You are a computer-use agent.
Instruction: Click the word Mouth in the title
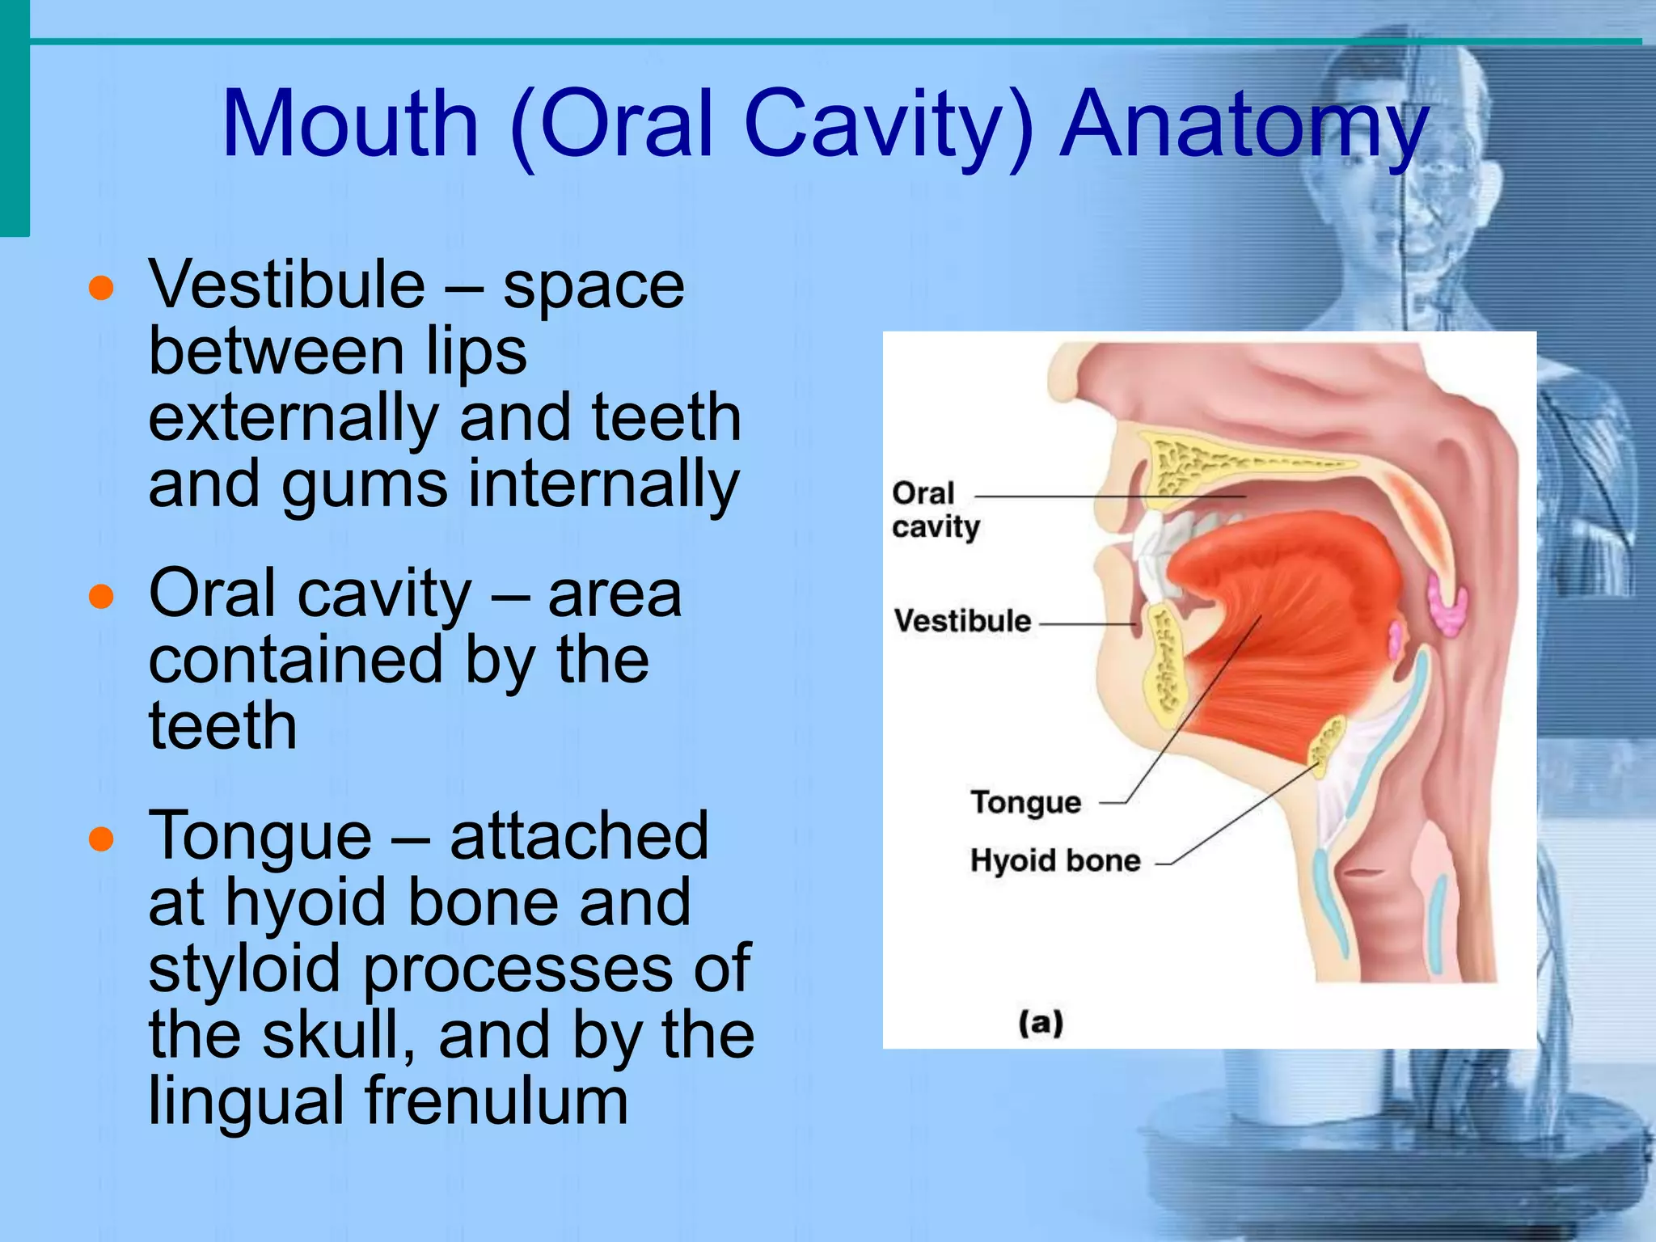click(x=351, y=125)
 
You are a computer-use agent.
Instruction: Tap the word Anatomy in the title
click(x=1244, y=125)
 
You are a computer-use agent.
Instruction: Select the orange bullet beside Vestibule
click(x=101, y=288)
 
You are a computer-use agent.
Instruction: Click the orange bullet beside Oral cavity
click(x=101, y=597)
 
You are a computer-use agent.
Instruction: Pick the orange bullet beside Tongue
click(x=101, y=839)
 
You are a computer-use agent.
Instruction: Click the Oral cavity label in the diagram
click(x=935, y=509)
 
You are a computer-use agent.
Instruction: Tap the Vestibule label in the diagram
click(x=962, y=621)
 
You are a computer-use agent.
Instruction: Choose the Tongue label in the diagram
click(x=1025, y=802)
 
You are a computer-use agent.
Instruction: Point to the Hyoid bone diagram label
click(x=1054, y=860)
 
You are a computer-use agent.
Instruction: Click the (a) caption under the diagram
click(x=1041, y=1023)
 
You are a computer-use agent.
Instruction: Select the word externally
click(x=293, y=418)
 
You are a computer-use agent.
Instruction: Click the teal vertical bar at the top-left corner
click(x=15, y=117)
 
